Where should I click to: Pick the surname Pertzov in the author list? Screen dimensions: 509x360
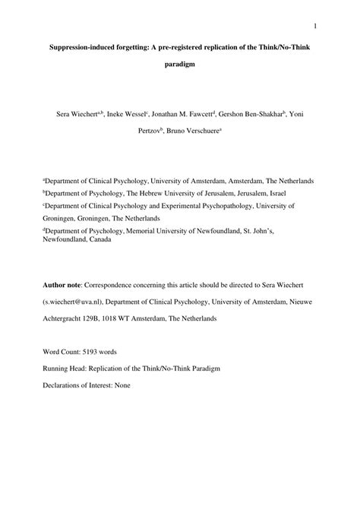coord(152,131)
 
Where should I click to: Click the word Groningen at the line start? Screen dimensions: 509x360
coord(63,217)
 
